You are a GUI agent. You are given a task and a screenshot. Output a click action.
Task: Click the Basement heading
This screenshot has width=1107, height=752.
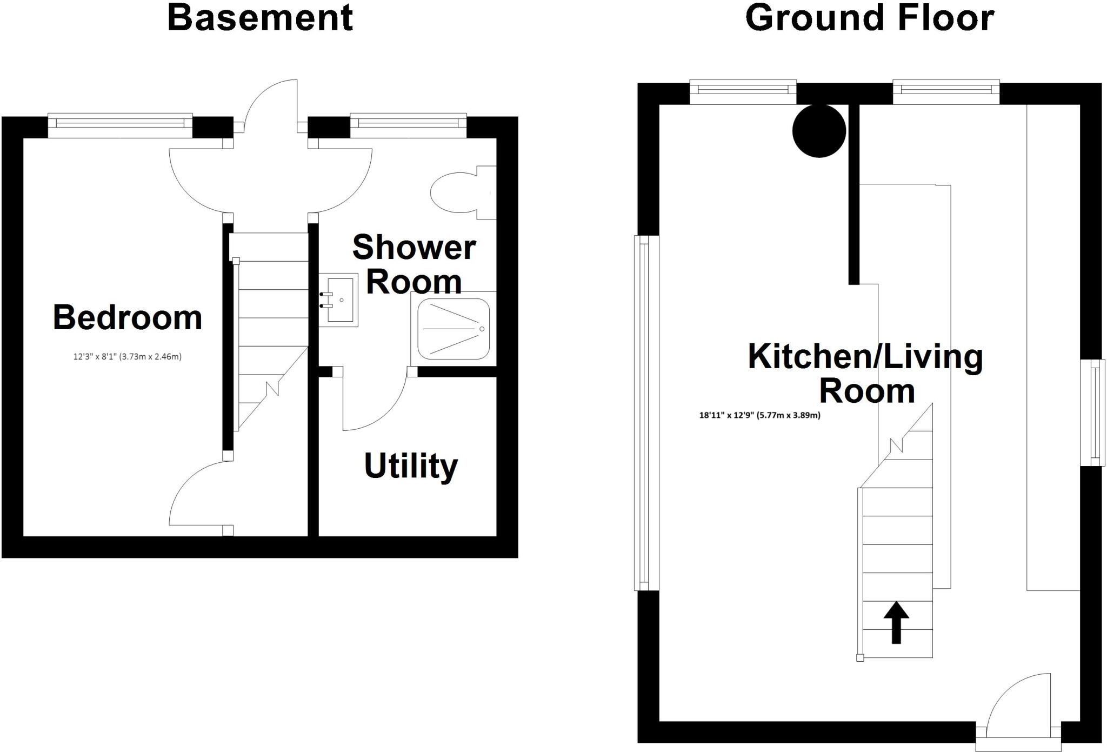260,17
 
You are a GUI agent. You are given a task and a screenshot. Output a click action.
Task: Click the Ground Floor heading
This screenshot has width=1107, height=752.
869,17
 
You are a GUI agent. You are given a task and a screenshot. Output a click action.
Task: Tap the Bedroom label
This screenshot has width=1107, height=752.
128,317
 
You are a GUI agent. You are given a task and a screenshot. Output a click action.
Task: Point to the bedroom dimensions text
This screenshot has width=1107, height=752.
128,357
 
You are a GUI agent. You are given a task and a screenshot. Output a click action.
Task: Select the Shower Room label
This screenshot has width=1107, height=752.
414,264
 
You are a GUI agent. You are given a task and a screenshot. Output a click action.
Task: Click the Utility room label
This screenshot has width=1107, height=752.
411,466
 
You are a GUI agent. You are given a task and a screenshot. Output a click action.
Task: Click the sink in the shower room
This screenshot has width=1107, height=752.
339,300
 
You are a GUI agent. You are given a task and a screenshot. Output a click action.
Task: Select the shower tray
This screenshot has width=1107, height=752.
453,329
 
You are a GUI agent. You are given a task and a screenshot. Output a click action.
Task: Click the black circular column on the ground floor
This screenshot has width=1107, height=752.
818,131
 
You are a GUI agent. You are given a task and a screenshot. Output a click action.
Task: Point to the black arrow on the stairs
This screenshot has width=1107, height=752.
896,622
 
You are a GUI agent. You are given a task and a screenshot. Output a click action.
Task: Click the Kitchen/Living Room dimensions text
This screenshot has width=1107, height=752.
759,415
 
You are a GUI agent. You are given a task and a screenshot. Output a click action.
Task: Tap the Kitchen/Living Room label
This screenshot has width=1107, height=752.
865,373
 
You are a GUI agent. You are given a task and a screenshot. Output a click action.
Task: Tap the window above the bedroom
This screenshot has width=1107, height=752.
120,125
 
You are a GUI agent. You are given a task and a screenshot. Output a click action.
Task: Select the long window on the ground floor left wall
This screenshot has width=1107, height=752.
644,413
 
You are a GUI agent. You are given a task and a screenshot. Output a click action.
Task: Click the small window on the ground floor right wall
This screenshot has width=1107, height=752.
1094,412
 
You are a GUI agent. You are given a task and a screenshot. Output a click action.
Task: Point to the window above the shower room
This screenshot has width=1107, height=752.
408,125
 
